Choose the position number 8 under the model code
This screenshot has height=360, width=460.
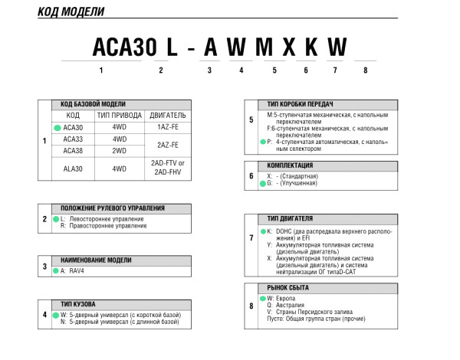pos(366,70)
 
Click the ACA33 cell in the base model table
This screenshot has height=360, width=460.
pos(73,139)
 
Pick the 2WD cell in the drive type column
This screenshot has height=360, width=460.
pos(120,151)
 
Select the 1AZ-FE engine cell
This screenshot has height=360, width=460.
pos(167,128)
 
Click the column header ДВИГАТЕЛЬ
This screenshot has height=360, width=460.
pos(167,116)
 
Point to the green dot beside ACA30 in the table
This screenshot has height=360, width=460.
pos(57,128)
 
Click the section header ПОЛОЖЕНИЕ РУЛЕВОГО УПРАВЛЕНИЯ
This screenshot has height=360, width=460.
pos(113,208)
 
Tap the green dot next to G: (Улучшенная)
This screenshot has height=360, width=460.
pos(261,184)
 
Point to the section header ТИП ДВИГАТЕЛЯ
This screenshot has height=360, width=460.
pos(289,218)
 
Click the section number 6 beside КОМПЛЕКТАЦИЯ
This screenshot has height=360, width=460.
pos(251,175)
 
